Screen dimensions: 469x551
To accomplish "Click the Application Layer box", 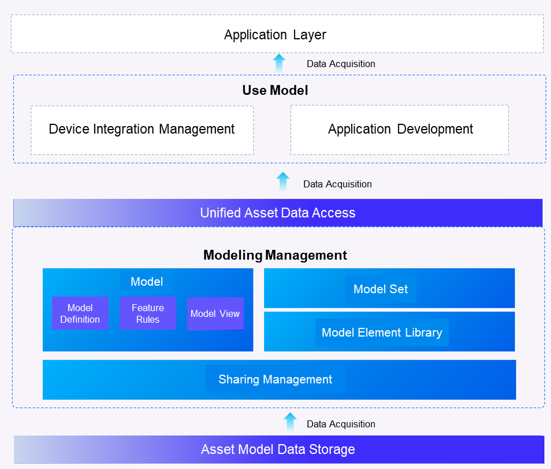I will pyautogui.click(x=276, y=35).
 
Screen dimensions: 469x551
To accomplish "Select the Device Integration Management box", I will pyautogui.click(x=142, y=130).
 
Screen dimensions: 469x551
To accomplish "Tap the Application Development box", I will pyautogui.click(x=400, y=130).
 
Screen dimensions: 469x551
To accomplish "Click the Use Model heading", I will pyautogui.click(x=275, y=90).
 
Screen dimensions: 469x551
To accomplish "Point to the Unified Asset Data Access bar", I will pyautogui.click(x=278, y=213).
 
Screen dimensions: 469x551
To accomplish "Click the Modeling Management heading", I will pyautogui.click(x=275, y=255).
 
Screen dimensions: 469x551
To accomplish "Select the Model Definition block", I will pyautogui.click(x=80, y=313).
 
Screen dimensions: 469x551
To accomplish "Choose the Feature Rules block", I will pyautogui.click(x=148, y=313).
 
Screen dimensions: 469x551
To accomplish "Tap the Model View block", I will pyautogui.click(x=215, y=313).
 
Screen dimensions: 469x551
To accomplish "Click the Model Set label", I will pyautogui.click(x=381, y=289).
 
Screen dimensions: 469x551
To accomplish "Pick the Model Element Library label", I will pyautogui.click(x=382, y=333).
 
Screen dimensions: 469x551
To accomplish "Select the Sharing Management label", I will pyautogui.click(x=275, y=379).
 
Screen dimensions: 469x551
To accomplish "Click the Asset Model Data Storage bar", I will pyautogui.click(x=278, y=449).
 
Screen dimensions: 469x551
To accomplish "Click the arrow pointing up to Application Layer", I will pyautogui.click(x=279, y=63).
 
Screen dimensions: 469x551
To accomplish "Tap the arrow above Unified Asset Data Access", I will pyautogui.click(x=282, y=182).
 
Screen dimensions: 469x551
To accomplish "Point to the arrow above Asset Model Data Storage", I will pyautogui.click(x=290, y=422).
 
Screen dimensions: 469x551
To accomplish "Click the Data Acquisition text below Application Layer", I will pyautogui.click(x=341, y=64).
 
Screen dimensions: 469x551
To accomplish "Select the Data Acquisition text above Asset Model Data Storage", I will pyautogui.click(x=341, y=424).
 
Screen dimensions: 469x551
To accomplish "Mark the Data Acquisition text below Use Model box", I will pyautogui.click(x=337, y=184).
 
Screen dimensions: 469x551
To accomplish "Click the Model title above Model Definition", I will pyautogui.click(x=147, y=282).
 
